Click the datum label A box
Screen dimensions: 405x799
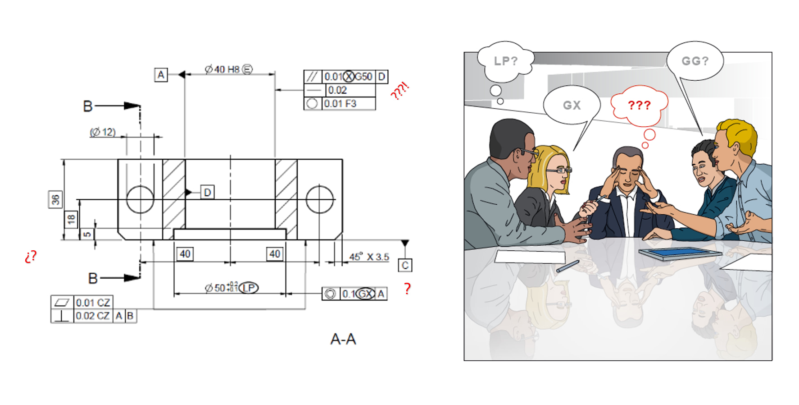click(161, 74)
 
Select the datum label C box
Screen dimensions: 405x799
click(405, 265)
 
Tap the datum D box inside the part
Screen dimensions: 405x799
click(207, 192)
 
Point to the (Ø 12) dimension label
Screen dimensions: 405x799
click(103, 132)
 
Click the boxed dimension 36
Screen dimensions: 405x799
click(55, 199)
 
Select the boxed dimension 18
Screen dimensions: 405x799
click(71, 219)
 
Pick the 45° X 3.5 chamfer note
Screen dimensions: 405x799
click(369, 257)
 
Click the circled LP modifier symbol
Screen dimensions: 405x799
click(249, 288)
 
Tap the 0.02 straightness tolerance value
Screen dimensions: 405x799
click(337, 90)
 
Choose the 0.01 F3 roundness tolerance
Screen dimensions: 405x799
click(340, 104)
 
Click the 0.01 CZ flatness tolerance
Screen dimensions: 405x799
click(93, 302)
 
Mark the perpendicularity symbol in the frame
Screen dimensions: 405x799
click(62, 316)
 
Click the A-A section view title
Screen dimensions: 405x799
click(343, 339)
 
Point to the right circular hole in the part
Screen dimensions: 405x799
click(319, 199)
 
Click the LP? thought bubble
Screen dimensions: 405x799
click(505, 61)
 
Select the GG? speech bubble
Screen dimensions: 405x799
click(695, 61)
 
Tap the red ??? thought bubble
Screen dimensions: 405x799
click(639, 105)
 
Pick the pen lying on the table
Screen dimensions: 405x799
click(567, 266)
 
